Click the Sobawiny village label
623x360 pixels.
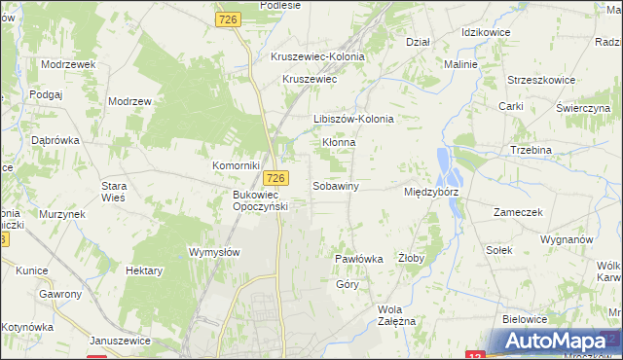point(336,185)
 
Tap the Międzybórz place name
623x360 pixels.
point(431,193)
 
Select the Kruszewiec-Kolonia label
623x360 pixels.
point(317,56)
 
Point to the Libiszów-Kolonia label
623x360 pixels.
point(353,119)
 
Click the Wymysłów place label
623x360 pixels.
point(214,251)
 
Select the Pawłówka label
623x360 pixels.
point(359,260)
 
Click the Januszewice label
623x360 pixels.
point(122,341)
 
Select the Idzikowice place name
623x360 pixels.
point(487,32)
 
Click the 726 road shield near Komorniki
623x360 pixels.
point(276,178)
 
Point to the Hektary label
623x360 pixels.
point(143,270)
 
